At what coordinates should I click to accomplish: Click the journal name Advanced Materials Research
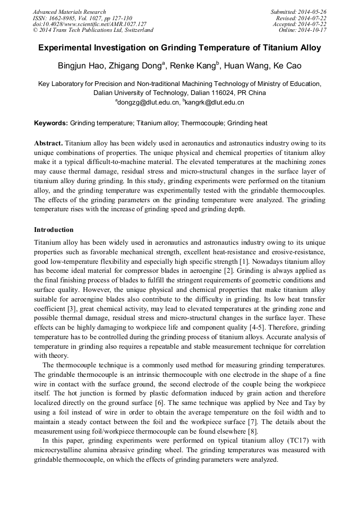69,12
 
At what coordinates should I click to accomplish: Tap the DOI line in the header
89,24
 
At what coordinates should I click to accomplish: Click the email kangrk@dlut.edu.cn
215,102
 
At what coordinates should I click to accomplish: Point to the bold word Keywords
51,123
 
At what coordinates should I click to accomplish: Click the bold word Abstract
48,143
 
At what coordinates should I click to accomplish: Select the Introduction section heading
54,230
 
